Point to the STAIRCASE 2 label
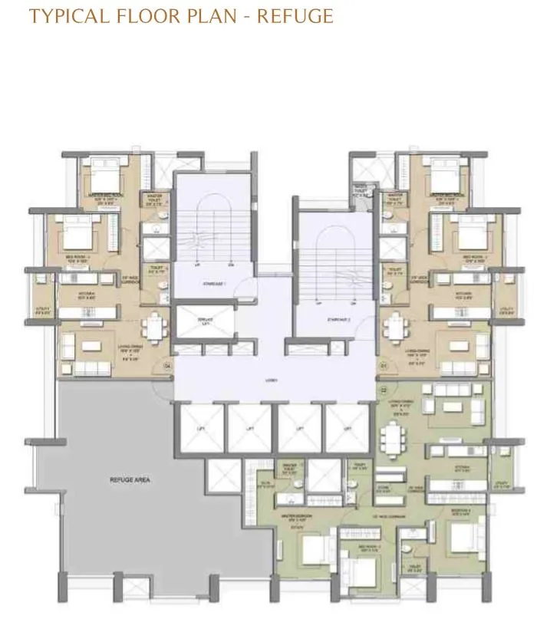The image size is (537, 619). tap(338, 318)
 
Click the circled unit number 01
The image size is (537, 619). tap(382, 367)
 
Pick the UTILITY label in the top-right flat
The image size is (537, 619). tap(506, 310)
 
